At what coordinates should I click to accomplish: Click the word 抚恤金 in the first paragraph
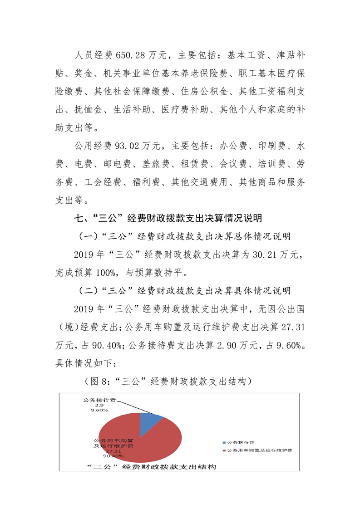(x=86, y=110)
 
